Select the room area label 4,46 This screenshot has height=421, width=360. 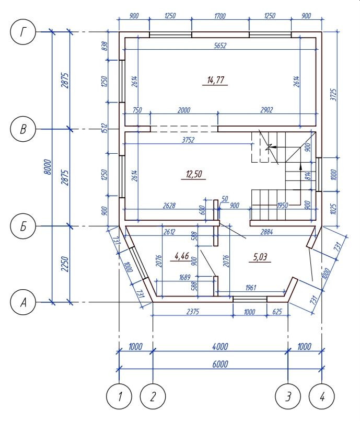tap(182, 256)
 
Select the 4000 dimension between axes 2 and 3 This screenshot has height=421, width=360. tap(220, 347)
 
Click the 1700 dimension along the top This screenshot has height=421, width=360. tap(219, 16)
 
